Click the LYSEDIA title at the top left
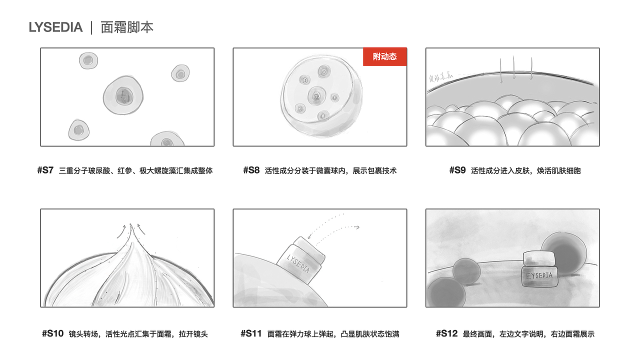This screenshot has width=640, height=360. point(55,27)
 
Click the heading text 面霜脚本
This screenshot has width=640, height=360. point(127,27)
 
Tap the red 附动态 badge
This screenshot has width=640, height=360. point(384,56)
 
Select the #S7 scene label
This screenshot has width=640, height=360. point(45,170)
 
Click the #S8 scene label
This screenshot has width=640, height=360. point(251,170)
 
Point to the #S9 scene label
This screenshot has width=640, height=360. point(457,170)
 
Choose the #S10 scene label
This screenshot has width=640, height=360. point(53,333)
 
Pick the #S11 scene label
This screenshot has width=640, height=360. point(251,333)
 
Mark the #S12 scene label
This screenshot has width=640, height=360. point(446,333)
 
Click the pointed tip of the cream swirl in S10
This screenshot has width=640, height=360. point(130,226)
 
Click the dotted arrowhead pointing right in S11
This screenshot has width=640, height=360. point(357,227)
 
